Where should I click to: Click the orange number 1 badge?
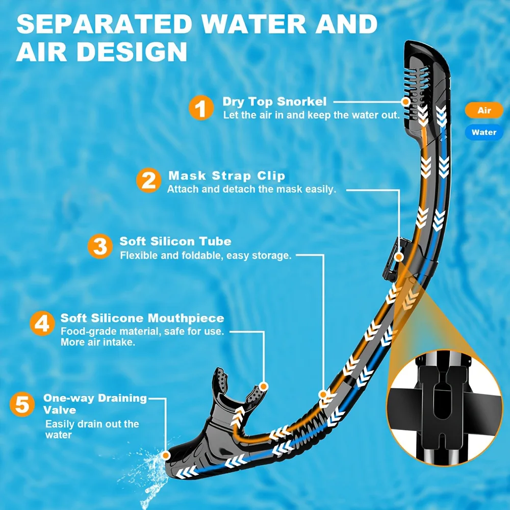tap(202, 108)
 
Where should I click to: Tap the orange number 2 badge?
tap(148, 181)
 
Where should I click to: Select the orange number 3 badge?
tap(100, 247)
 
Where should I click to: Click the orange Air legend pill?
tap(484, 110)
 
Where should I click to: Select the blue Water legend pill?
tap(483, 132)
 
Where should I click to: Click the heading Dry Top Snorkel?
tap(274, 101)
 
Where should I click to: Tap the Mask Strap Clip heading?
tap(226, 176)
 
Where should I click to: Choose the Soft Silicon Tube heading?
tap(175, 241)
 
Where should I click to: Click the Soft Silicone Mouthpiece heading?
tap(142, 318)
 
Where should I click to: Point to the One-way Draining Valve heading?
tap(95, 403)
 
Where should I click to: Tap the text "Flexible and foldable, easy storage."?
tap(206, 255)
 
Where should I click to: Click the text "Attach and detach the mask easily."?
tap(252, 189)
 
